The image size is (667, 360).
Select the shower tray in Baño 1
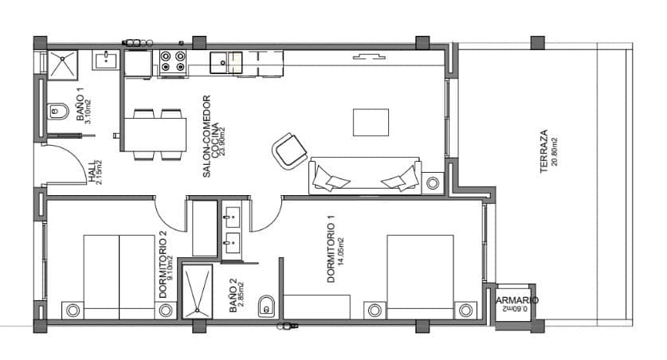pos(61,63)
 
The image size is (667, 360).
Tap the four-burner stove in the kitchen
pos(173,63)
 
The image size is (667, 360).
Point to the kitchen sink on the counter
pos(226,61)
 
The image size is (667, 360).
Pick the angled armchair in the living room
pos(288,151)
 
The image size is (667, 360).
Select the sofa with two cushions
pos(366,175)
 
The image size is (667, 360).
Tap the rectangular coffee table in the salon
pos(371,122)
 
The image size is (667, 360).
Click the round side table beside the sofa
pos(433,183)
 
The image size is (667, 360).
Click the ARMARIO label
pos(517,300)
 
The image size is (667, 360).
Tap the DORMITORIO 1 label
pos(331,259)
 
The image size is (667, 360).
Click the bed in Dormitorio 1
pos(420,276)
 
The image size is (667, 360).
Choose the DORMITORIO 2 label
pos(163,265)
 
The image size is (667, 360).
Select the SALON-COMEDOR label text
pos(205,137)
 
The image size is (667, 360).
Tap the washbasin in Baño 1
pos(104,61)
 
